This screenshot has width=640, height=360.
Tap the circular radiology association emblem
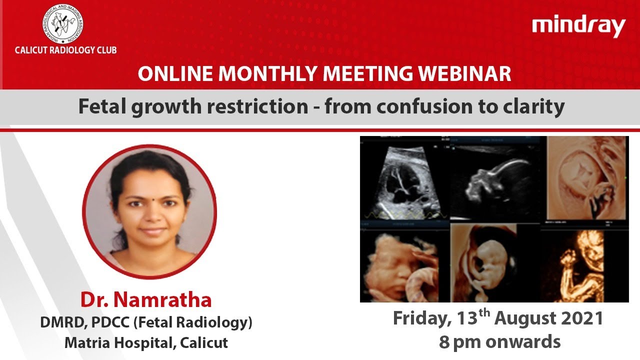(x=63, y=24)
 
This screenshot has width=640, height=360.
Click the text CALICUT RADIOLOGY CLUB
(x=65, y=50)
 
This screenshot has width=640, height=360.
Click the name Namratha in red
(x=162, y=299)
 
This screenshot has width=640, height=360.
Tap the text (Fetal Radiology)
(x=193, y=322)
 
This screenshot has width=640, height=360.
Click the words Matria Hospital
(x=118, y=343)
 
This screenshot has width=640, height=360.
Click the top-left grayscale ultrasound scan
(x=405, y=178)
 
